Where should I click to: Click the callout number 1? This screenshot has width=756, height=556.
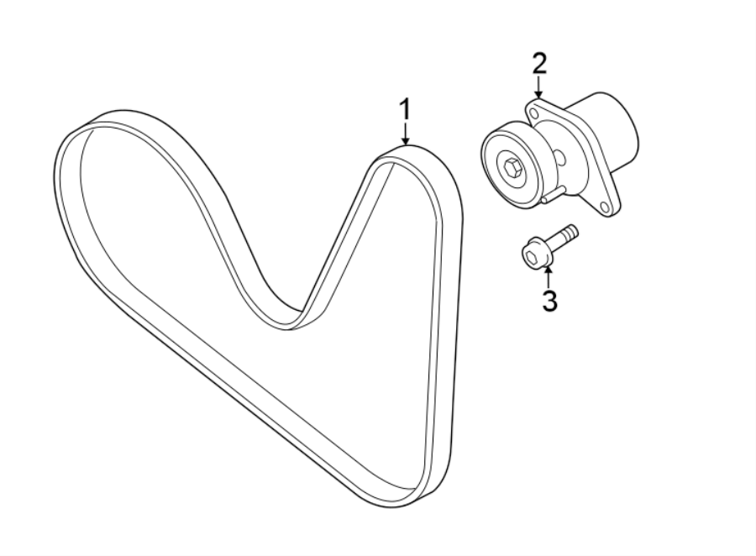pyautogui.click(x=405, y=110)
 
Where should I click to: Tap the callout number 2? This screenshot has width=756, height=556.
pyautogui.click(x=538, y=63)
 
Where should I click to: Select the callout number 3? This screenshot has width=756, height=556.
pyautogui.click(x=549, y=301)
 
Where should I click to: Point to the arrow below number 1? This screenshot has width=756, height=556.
pyautogui.click(x=405, y=134)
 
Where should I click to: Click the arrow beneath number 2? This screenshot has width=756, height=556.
pyautogui.click(x=538, y=87)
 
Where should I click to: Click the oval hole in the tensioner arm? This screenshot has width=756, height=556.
pyautogui.click(x=557, y=157)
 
